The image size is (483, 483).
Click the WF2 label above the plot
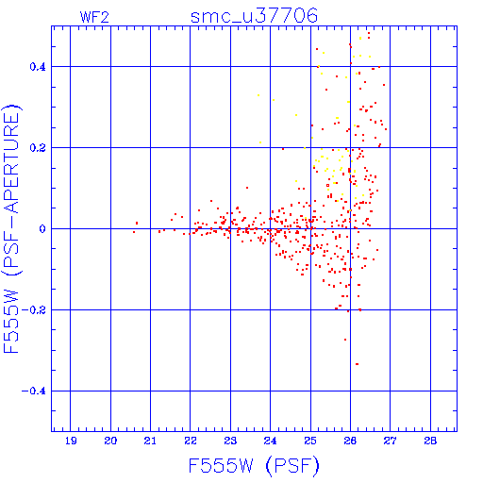click(94, 17)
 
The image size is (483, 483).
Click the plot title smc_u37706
click(254, 16)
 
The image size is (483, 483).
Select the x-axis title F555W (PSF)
click(254, 466)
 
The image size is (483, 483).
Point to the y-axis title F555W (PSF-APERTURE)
click(12, 229)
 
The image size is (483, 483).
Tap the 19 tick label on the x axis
click(71, 441)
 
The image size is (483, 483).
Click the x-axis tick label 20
click(110, 441)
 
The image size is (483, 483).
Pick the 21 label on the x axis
click(150, 441)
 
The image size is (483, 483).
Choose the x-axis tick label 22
click(191, 441)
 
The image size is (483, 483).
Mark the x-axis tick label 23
click(230, 441)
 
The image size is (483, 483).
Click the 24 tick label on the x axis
click(270, 441)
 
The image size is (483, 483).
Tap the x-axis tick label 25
click(310, 441)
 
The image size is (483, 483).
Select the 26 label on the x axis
click(350, 441)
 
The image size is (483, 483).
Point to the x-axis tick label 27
click(391, 441)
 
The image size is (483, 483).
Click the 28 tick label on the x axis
click(430, 441)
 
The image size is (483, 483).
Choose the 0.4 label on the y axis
click(38, 67)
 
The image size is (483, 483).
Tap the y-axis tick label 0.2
click(38, 148)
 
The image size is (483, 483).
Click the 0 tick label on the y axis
click(42, 229)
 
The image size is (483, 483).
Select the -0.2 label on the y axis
click(34, 310)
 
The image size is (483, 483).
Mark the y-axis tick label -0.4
click(34, 391)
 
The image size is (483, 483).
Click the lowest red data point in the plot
click(357, 364)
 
